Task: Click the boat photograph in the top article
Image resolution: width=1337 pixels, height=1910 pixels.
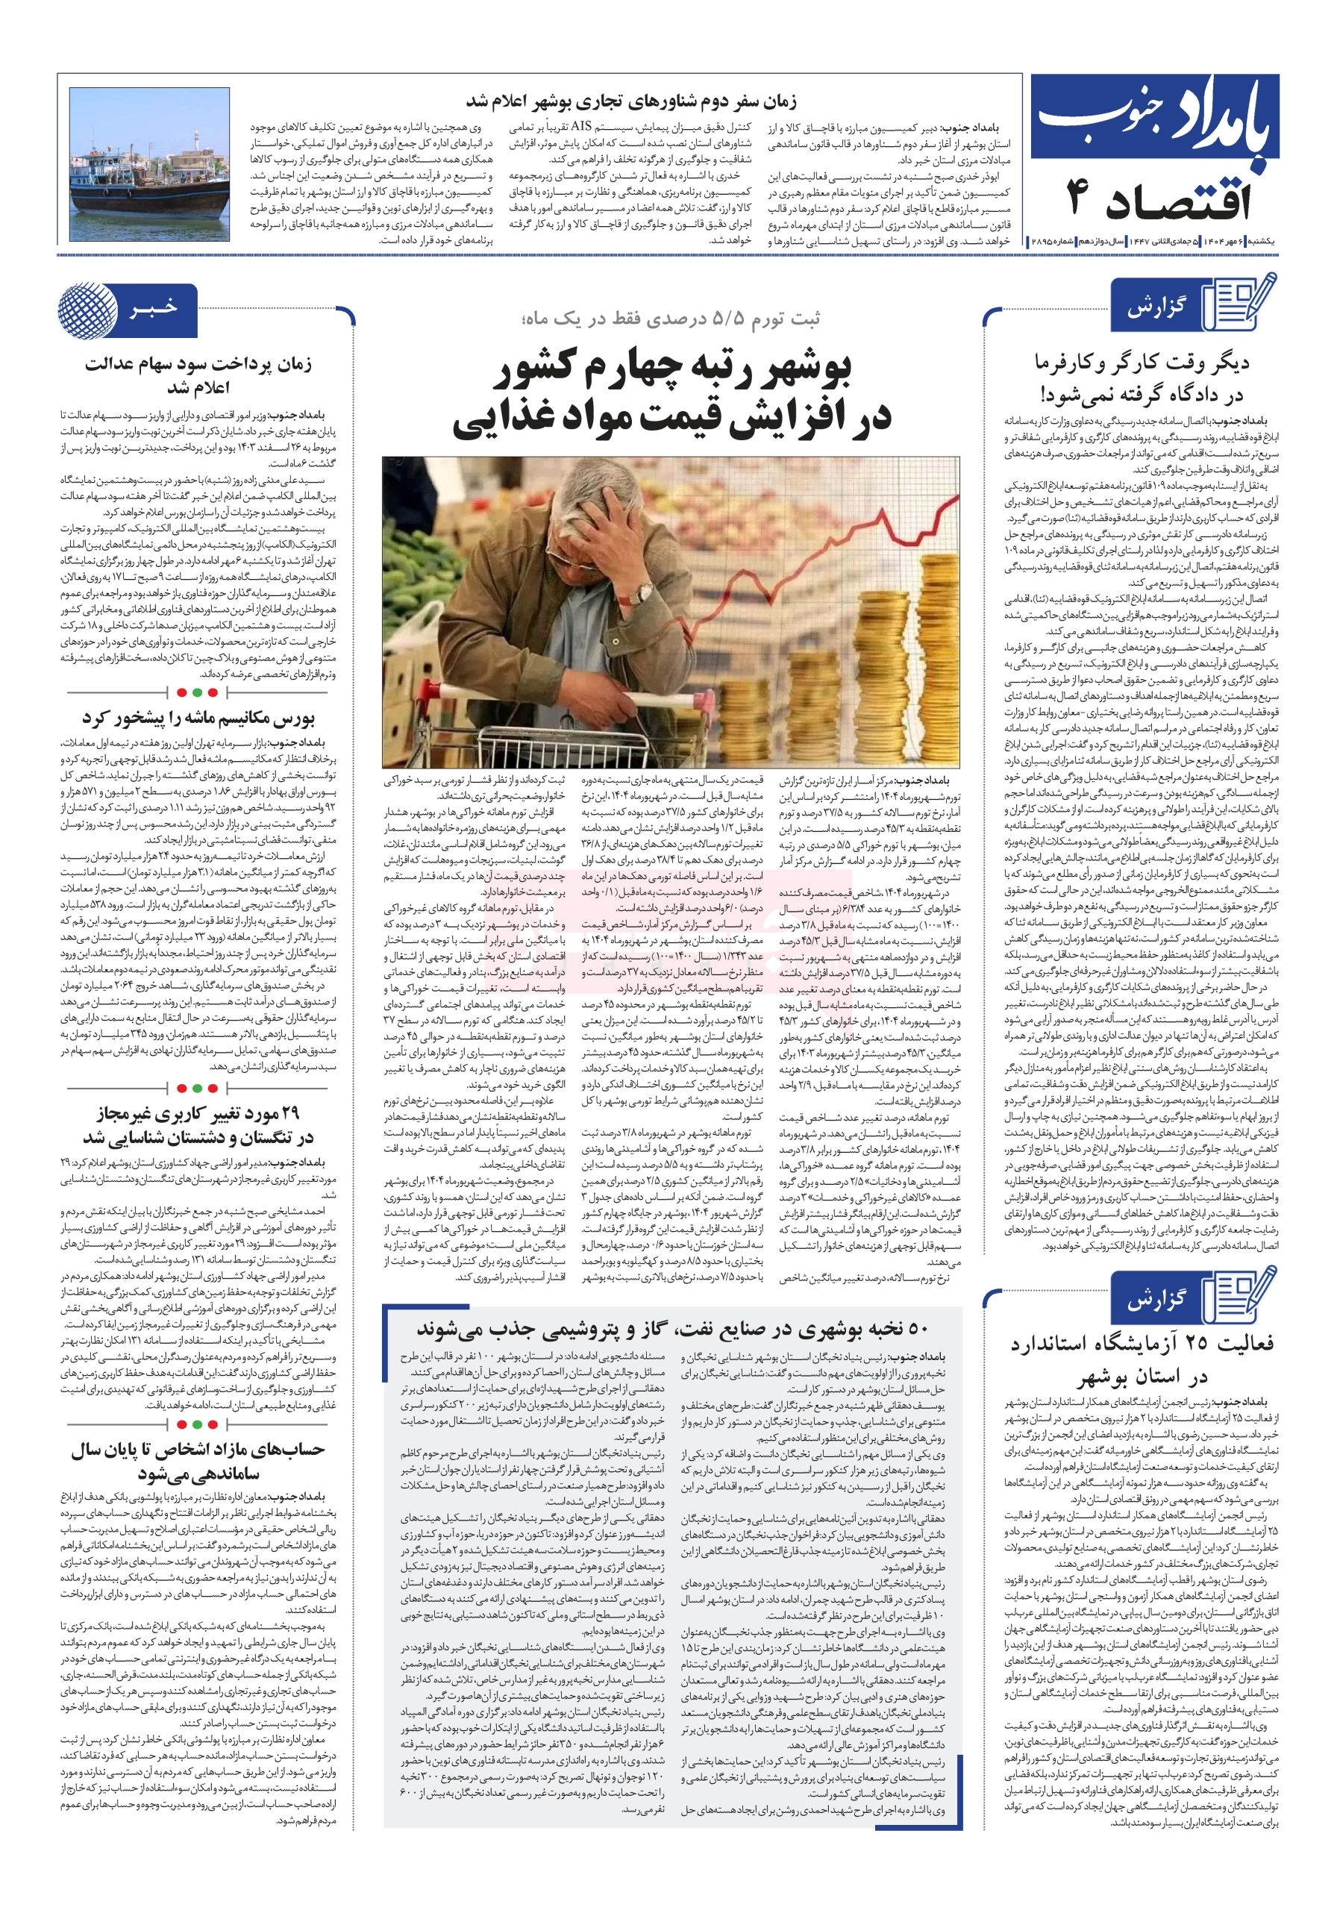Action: pos(150,165)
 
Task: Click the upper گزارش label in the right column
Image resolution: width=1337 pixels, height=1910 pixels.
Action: pos(1156,308)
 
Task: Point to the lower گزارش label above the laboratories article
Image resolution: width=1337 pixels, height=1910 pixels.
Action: pos(1156,1300)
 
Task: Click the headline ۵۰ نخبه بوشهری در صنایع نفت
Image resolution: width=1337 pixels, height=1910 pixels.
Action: pos(672,1330)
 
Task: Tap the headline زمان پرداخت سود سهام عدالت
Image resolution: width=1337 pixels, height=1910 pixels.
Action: pos(198,364)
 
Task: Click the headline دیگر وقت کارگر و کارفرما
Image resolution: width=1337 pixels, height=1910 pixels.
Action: pos(1142,363)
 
